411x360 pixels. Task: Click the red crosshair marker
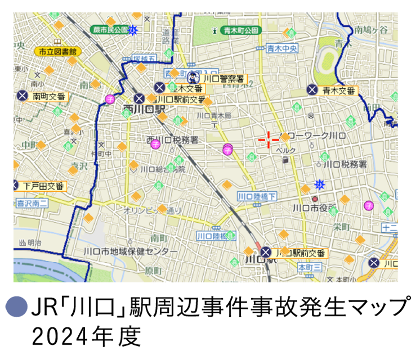(x=269, y=139)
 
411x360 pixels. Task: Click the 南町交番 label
(x=49, y=96)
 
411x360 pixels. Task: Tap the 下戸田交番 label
(x=44, y=186)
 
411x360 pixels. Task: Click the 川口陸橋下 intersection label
(x=257, y=196)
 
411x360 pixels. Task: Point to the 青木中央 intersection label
(x=282, y=49)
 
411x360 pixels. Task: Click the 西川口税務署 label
(x=172, y=139)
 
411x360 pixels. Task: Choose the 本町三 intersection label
(x=309, y=267)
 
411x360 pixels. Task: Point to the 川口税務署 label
(x=345, y=164)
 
